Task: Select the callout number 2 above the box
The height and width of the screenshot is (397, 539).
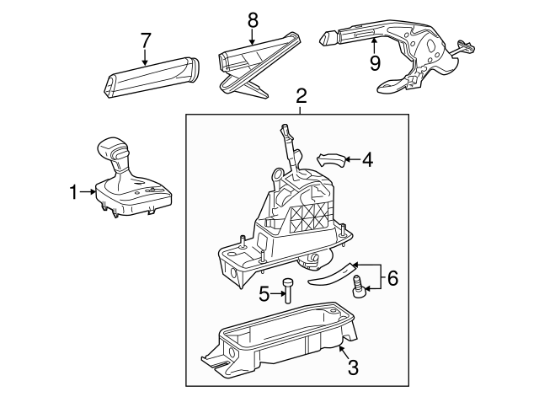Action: pyautogui.click(x=301, y=97)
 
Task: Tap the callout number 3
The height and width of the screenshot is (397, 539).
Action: pyautogui.click(x=353, y=367)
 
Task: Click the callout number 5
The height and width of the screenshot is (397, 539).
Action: pyautogui.click(x=262, y=294)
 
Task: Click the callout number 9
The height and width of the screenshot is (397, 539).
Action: pyautogui.click(x=375, y=63)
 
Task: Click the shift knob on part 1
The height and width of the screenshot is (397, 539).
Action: pyautogui.click(x=114, y=152)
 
